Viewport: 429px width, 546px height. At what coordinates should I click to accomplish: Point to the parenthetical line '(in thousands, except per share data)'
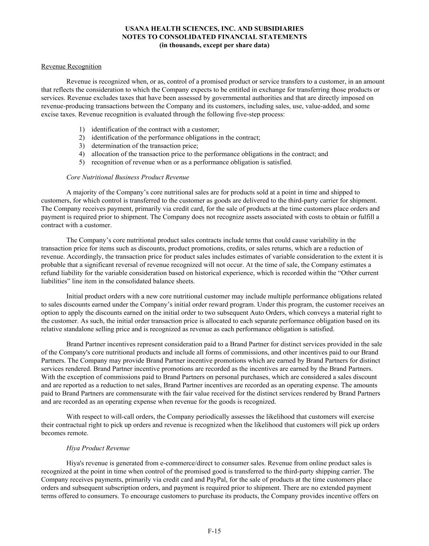pyautogui.click(x=214, y=45)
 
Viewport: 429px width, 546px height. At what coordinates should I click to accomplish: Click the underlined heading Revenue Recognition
pyautogui.click(x=71, y=66)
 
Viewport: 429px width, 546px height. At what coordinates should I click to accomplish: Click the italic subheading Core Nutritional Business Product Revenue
pyautogui.click(x=128, y=177)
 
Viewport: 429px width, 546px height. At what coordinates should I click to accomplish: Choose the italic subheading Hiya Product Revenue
pyautogui.click(x=98, y=448)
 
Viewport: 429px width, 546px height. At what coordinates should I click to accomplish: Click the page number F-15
pyautogui.click(x=214, y=531)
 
